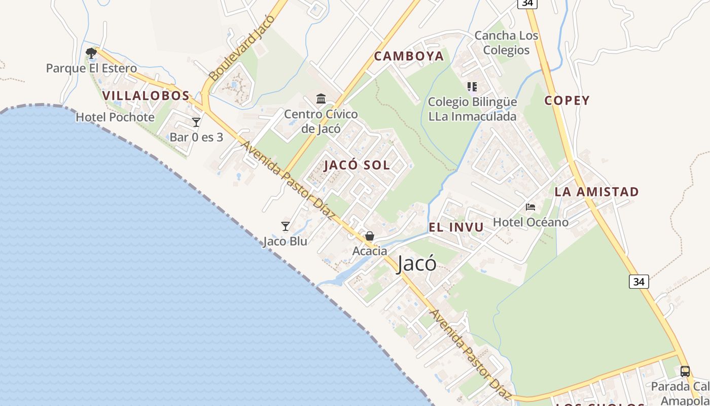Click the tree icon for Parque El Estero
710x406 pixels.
[91, 53]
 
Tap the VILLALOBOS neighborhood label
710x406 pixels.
[146, 95]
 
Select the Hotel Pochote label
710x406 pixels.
[115, 117]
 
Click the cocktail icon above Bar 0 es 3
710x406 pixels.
[196, 122]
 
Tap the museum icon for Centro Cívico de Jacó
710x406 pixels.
[321, 98]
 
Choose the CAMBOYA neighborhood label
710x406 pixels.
[409, 56]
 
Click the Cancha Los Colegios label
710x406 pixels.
[506, 43]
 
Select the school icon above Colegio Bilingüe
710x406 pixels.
[472, 87]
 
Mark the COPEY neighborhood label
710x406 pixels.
[567, 100]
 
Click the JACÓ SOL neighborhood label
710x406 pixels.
[357, 165]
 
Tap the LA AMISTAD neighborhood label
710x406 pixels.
[596, 192]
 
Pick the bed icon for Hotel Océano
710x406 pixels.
[530, 207]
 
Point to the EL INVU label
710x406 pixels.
[456, 227]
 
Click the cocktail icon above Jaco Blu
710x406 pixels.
[286, 226]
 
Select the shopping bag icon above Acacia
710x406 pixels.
[370, 236]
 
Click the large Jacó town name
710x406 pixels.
[416, 263]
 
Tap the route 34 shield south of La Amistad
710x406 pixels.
[639, 281]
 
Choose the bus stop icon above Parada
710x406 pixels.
[685, 371]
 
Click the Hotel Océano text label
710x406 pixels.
[530, 222]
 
